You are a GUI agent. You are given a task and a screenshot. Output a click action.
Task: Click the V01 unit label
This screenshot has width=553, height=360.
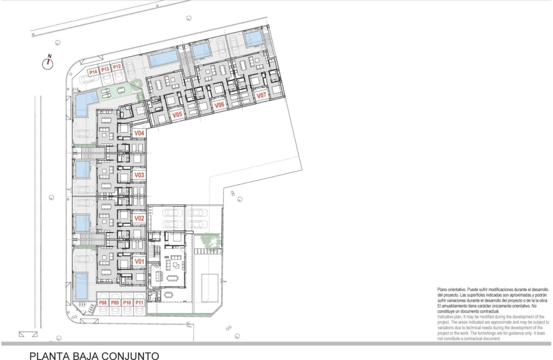coord(139,261)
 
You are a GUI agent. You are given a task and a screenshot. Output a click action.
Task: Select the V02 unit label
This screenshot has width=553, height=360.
coord(139,218)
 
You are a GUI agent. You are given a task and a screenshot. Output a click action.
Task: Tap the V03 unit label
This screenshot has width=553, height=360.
coord(139,175)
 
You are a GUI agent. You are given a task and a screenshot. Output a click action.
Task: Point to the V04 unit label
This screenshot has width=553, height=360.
coord(139,133)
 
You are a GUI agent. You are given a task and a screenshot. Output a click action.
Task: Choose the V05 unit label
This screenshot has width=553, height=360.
coord(177,115)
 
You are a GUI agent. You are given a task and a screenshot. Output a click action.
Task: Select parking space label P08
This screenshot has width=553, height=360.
coord(103,303)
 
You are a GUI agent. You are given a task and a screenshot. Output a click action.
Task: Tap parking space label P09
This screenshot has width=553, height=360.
coord(115,303)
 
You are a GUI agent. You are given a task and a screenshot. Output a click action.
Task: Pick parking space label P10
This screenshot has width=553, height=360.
coord(127,303)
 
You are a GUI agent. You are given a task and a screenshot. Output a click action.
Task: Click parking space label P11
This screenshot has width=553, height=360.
coord(139,303)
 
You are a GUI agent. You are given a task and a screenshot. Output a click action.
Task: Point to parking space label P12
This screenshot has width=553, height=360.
coord(117,67)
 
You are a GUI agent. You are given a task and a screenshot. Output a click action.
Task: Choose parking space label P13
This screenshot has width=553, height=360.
coord(105,69)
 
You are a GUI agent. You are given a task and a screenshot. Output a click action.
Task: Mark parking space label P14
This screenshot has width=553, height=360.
coord(93,72)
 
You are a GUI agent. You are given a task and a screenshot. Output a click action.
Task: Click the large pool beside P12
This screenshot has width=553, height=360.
coord(163,58)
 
